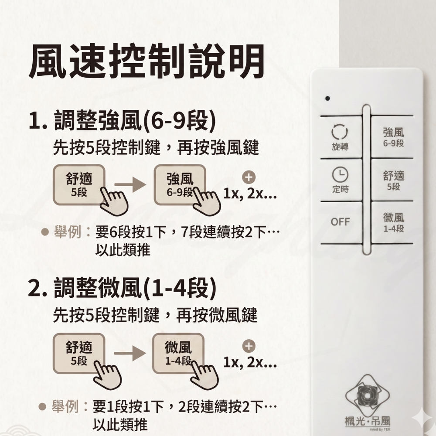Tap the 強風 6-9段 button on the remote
coord(392,137)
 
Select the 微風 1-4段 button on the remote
coord(392,222)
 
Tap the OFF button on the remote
coord(341,222)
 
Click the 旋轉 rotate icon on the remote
coord(340,132)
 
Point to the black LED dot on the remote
coord(327,98)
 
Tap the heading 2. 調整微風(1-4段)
coord(123,288)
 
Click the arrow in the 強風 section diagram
coord(130,184)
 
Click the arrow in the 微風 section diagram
coord(130,354)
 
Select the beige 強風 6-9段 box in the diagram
coord(180,185)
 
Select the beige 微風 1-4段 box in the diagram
coord(178,354)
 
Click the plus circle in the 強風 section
coord(249,177)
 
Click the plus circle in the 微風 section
coord(249,346)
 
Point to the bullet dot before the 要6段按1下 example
coord(45,232)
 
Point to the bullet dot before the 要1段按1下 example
coord(42,407)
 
